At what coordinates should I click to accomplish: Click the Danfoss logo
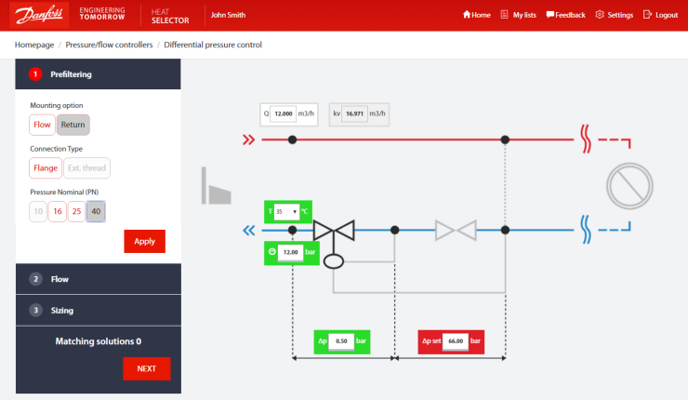pos(36,15)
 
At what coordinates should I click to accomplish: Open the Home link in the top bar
pos(476,15)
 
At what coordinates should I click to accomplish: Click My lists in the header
pos(518,15)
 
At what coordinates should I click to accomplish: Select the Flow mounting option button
pos(42,125)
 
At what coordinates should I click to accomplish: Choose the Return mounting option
pos(73,125)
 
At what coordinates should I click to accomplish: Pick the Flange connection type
pos(45,168)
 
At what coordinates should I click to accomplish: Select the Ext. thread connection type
pos(86,168)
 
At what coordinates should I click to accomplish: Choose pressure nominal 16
pos(57,212)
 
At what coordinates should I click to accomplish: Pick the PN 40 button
pos(97,212)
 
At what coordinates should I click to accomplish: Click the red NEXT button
pos(146,368)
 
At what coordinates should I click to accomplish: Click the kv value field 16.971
pos(354,114)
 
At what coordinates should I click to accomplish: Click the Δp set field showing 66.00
pos(455,342)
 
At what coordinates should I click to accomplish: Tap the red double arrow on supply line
pos(248,140)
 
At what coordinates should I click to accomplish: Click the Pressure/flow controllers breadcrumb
pos(109,45)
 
